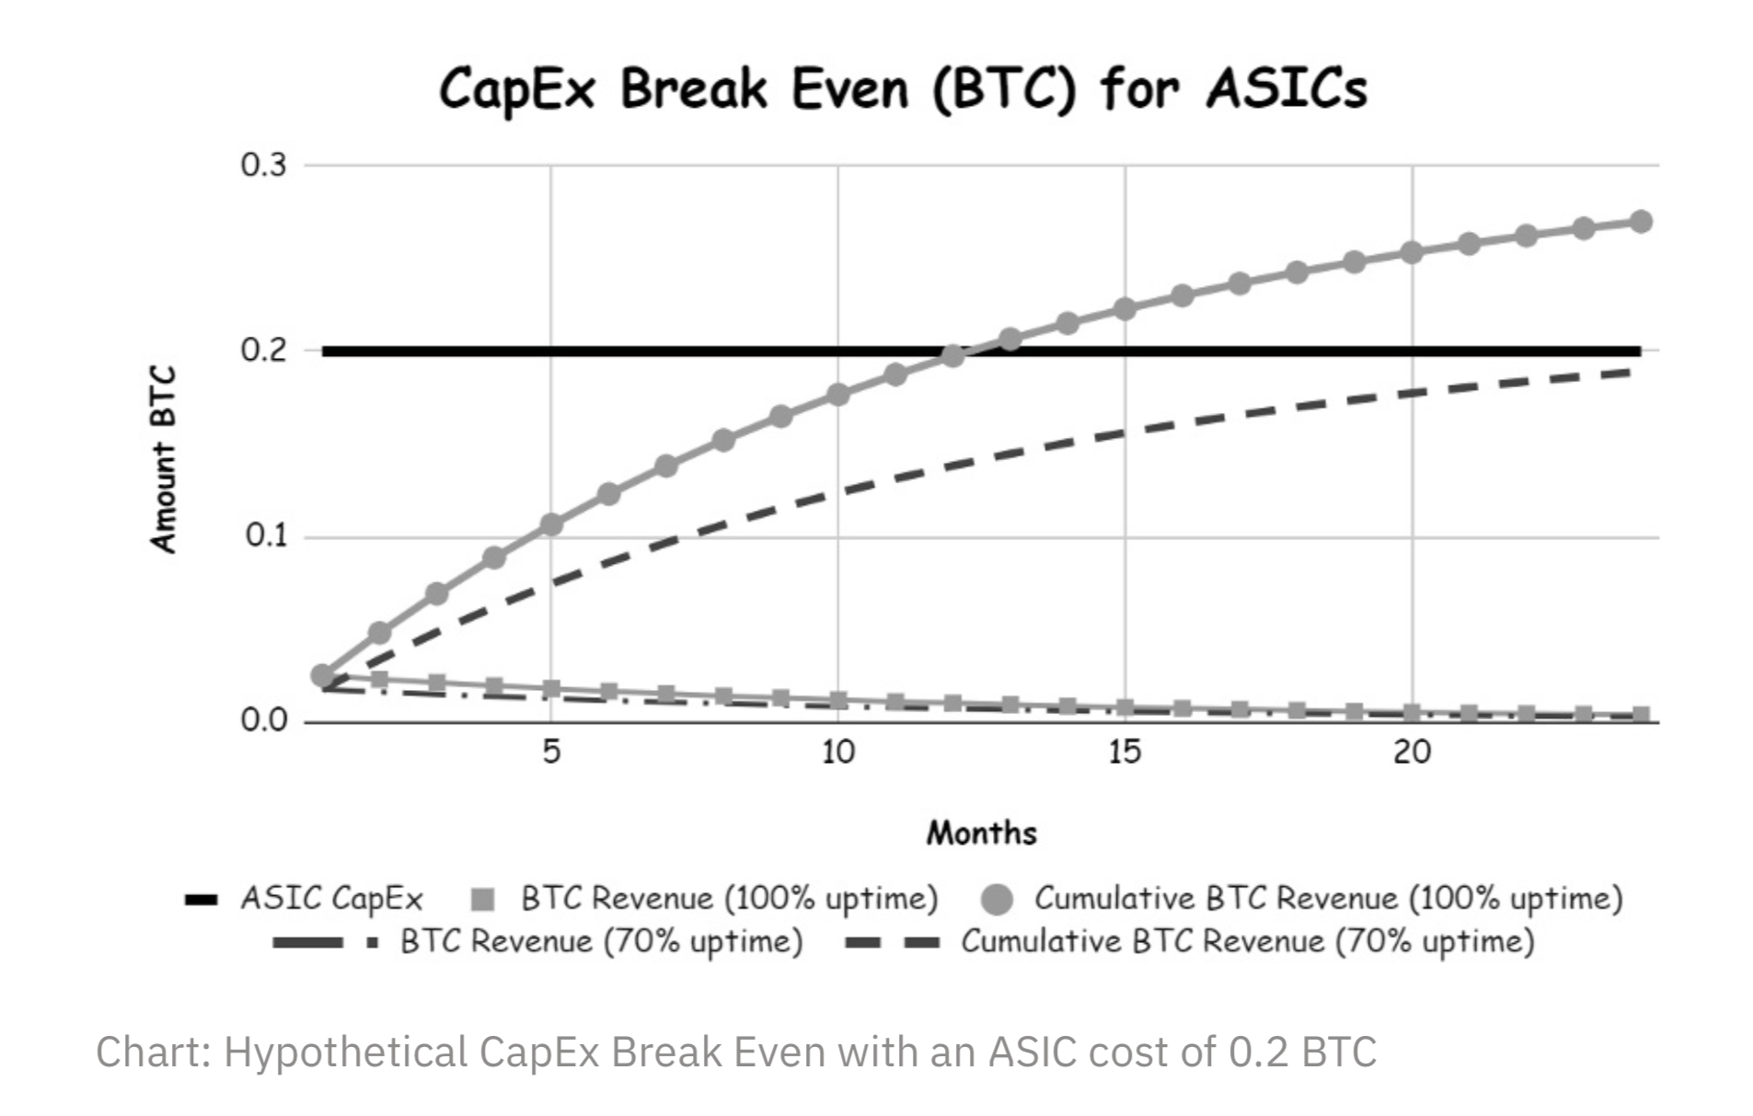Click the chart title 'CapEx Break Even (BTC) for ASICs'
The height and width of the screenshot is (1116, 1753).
click(x=902, y=90)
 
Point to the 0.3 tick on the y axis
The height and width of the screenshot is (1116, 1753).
click(x=263, y=166)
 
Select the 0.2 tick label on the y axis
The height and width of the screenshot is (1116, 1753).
click(x=263, y=351)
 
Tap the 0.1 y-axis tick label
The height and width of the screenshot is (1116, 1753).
click(x=265, y=535)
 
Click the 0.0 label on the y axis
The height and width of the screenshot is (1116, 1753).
click(x=263, y=720)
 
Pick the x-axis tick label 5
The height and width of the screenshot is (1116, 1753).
click(x=550, y=753)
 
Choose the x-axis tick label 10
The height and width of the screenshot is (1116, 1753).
click(x=837, y=753)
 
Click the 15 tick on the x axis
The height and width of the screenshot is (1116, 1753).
click(x=1124, y=753)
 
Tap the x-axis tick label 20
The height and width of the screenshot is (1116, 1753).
click(x=1412, y=753)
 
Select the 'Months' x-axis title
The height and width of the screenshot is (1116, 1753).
click(x=981, y=834)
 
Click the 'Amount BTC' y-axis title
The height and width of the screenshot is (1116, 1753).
click(x=163, y=460)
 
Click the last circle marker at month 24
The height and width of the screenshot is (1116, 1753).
click(x=1640, y=222)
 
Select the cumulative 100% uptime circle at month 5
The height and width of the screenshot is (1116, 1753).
click(x=550, y=524)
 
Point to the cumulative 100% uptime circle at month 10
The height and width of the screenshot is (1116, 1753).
click(x=837, y=395)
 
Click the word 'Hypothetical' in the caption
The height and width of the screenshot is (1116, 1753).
click(x=345, y=1052)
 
